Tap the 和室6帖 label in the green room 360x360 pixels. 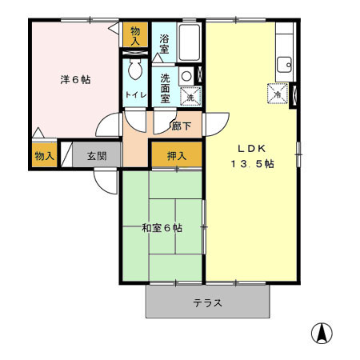[162, 228]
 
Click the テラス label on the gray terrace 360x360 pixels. [207, 303]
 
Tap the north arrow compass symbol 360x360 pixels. [322, 333]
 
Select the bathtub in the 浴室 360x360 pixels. [190, 43]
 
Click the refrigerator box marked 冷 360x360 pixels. [276, 93]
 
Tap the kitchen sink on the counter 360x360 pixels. [285, 64]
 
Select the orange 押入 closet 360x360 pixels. [176, 155]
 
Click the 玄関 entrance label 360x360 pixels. [97, 155]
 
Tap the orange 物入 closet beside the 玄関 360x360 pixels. [44, 155]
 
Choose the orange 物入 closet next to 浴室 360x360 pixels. [135, 35]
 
